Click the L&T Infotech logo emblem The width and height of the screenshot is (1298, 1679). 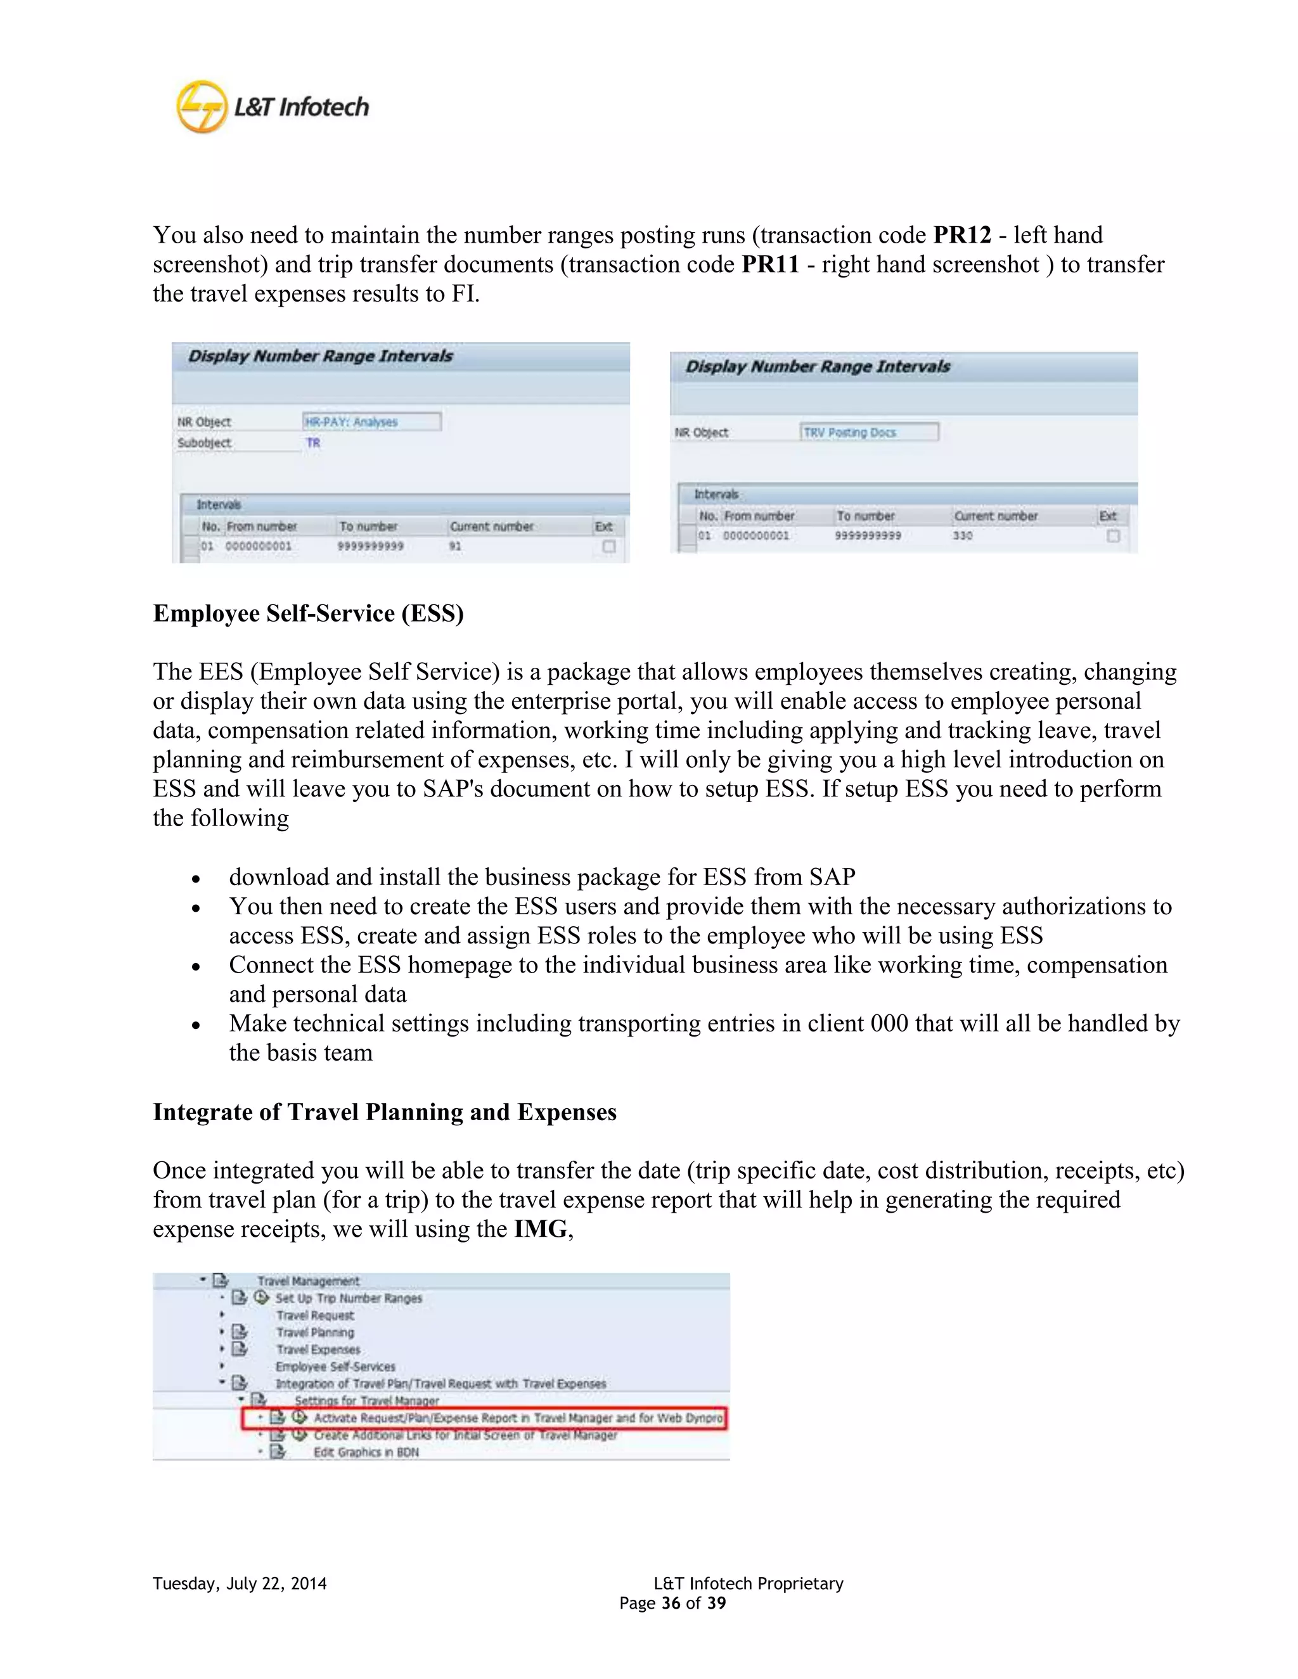(202, 107)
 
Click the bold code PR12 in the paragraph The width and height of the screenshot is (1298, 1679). (962, 234)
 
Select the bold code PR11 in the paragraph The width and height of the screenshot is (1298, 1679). (769, 264)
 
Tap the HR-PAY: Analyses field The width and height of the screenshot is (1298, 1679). (371, 421)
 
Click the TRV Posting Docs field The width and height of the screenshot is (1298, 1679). (868, 432)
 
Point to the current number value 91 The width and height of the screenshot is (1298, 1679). (455, 546)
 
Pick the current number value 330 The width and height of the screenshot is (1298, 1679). (962, 535)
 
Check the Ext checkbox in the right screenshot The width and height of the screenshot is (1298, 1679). (1113, 535)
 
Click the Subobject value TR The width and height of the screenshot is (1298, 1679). (313, 443)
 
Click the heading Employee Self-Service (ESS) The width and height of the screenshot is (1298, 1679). (309, 613)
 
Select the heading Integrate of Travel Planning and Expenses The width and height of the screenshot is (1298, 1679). (385, 1113)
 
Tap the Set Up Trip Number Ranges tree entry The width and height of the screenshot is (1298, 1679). (349, 1298)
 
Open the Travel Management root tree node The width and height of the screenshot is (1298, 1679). (307, 1280)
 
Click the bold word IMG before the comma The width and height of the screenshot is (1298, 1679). (541, 1229)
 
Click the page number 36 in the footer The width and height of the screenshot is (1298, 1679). (671, 1603)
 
